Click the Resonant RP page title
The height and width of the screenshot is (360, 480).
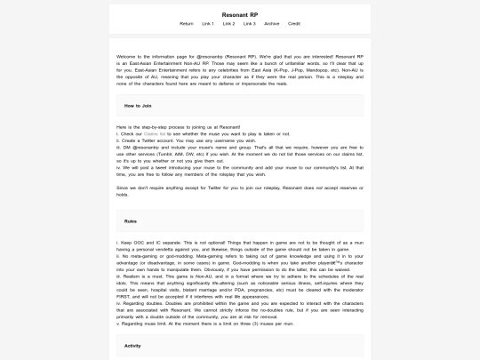click(240, 15)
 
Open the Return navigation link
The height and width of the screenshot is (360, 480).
click(187, 24)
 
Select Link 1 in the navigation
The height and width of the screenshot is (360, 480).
click(208, 24)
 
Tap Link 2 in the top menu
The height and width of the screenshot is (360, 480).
click(229, 24)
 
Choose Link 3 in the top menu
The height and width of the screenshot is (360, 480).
click(251, 24)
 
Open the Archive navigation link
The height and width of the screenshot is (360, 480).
click(272, 24)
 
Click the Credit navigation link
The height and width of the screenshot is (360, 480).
click(294, 24)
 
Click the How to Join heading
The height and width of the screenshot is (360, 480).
click(138, 106)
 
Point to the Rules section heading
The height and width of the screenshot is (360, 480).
click(131, 220)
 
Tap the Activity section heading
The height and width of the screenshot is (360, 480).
click(133, 345)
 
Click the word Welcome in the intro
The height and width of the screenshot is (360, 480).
click(124, 57)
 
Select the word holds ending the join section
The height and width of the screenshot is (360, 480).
click(123, 195)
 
